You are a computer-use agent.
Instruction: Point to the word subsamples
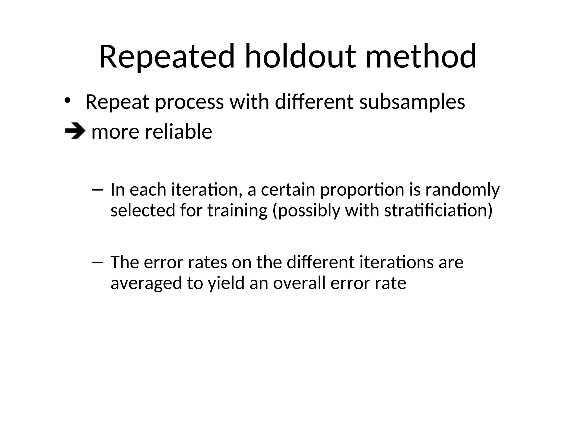[x=412, y=102]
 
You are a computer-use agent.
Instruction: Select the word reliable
[x=178, y=132]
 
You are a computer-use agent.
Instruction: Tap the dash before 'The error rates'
[x=97, y=262]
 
